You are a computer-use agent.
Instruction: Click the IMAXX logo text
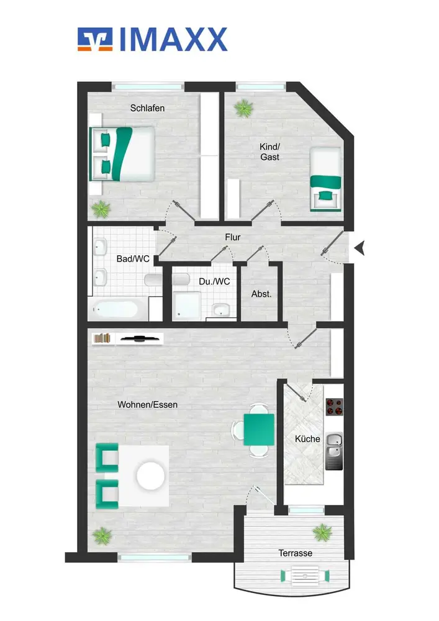tap(173, 40)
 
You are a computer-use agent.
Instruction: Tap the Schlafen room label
tap(147, 108)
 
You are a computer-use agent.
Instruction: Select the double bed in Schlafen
tap(122, 153)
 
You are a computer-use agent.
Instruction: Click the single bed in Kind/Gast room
tap(325, 179)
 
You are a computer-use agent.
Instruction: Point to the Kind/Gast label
tap(269, 152)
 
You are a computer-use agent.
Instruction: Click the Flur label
tap(233, 237)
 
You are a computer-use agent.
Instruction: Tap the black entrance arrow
tap(360, 249)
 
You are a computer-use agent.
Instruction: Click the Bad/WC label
tap(133, 259)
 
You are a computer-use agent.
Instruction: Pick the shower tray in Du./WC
tap(187, 305)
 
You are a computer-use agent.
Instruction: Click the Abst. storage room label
tap(261, 294)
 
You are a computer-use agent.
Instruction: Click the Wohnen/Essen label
tap(147, 405)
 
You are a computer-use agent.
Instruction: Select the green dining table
tap(259, 430)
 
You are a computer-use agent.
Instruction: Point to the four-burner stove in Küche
tap(334, 407)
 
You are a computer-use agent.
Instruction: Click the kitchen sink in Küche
tap(333, 451)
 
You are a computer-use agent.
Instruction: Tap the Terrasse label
tap(296, 553)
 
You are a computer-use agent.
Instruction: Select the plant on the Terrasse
tap(322, 533)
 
